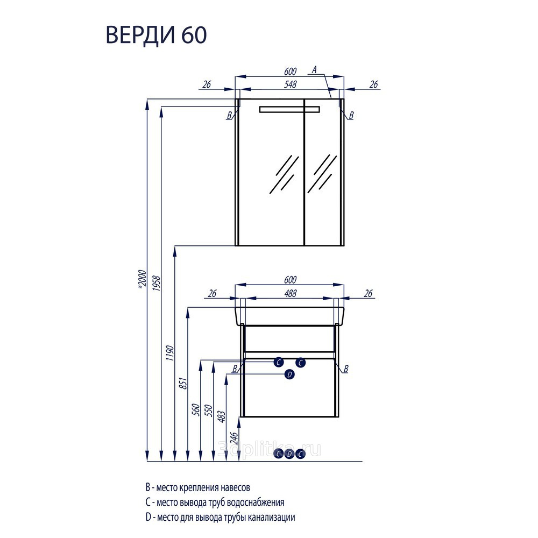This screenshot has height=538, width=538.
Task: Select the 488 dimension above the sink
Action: (289, 293)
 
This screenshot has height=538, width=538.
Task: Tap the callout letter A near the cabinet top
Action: (315, 68)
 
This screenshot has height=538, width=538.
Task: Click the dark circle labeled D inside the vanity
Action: (289, 374)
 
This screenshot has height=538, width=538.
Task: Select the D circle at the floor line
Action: (289, 454)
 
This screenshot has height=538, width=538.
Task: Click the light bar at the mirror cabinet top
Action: (289, 110)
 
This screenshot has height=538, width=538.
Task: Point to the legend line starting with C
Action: (215, 502)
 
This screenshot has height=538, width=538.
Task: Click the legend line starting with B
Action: (198, 487)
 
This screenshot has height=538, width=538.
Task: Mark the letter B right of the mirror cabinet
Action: (351, 115)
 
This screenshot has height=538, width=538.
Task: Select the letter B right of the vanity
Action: (345, 369)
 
